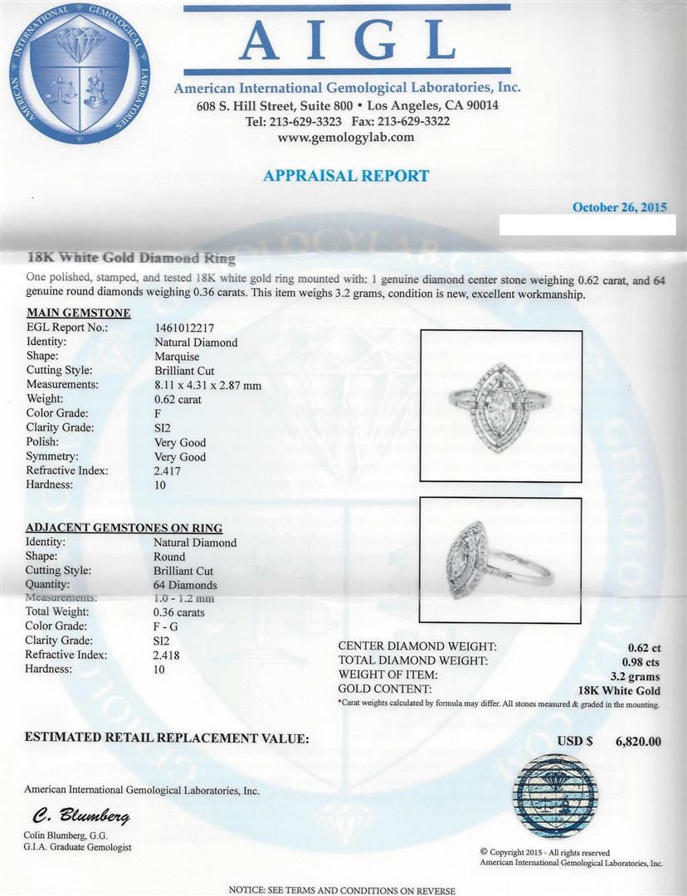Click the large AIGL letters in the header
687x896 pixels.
[x=347, y=41]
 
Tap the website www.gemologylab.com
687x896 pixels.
[x=346, y=138]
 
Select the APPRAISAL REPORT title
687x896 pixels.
[x=346, y=176]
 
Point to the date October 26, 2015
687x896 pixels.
[x=619, y=207]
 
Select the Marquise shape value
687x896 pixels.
[x=176, y=356]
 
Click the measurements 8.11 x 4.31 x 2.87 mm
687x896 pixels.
[x=207, y=385]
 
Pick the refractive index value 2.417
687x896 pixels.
[x=168, y=470]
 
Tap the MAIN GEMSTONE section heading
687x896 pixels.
[x=78, y=313]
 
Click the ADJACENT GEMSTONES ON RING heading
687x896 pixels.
[x=124, y=528]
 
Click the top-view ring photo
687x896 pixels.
[x=499, y=406]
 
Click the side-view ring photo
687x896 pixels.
[x=499, y=562]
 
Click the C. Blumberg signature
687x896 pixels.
[x=81, y=817]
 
